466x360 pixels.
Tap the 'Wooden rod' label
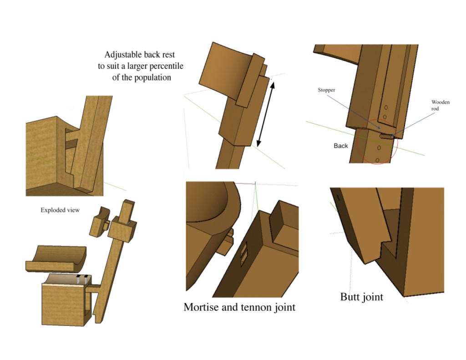[x=440, y=105]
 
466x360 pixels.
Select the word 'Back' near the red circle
[x=341, y=146]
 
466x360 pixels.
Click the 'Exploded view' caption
[x=60, y=210]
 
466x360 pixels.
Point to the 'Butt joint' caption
[x=361, y=297]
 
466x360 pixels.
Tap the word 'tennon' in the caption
[x=255, y=307]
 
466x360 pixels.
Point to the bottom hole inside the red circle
[x=378, y=160]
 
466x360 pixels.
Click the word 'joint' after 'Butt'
[x=373, y=297]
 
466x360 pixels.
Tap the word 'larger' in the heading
[x=132, y=66]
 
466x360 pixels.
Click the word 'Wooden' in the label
[x=440, y=102]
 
